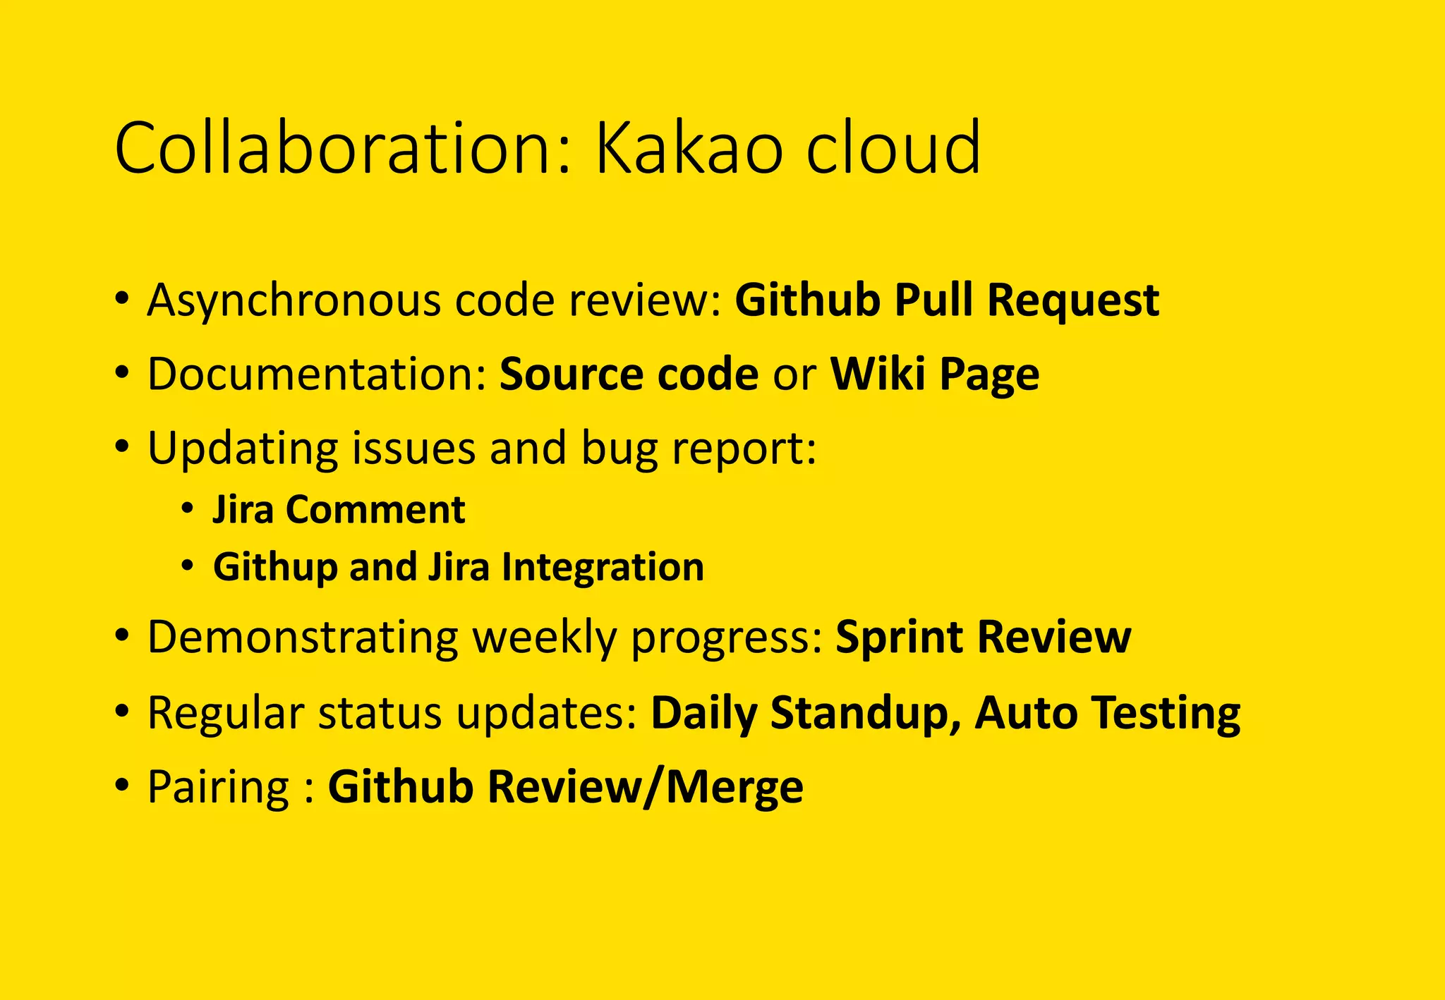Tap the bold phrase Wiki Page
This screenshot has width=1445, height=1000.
pyautogui.click(x=934, y=374)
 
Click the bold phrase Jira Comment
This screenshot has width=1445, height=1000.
pyautogui.click(x=339, y=509)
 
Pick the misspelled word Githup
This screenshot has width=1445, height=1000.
pyautogui.click(x=274, y=568)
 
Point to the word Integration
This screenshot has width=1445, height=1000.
pyautogui.click(x=603, y=568)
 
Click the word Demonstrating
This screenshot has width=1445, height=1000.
pyautogui.click(x=303, y=638)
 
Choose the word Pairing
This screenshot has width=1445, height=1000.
pyautogui.click(x=218, y=788)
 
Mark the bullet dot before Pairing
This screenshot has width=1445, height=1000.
pyautogui.click(x=122, y=786)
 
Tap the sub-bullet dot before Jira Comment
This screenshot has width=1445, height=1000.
pyautogui.click(x=187, y=508)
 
